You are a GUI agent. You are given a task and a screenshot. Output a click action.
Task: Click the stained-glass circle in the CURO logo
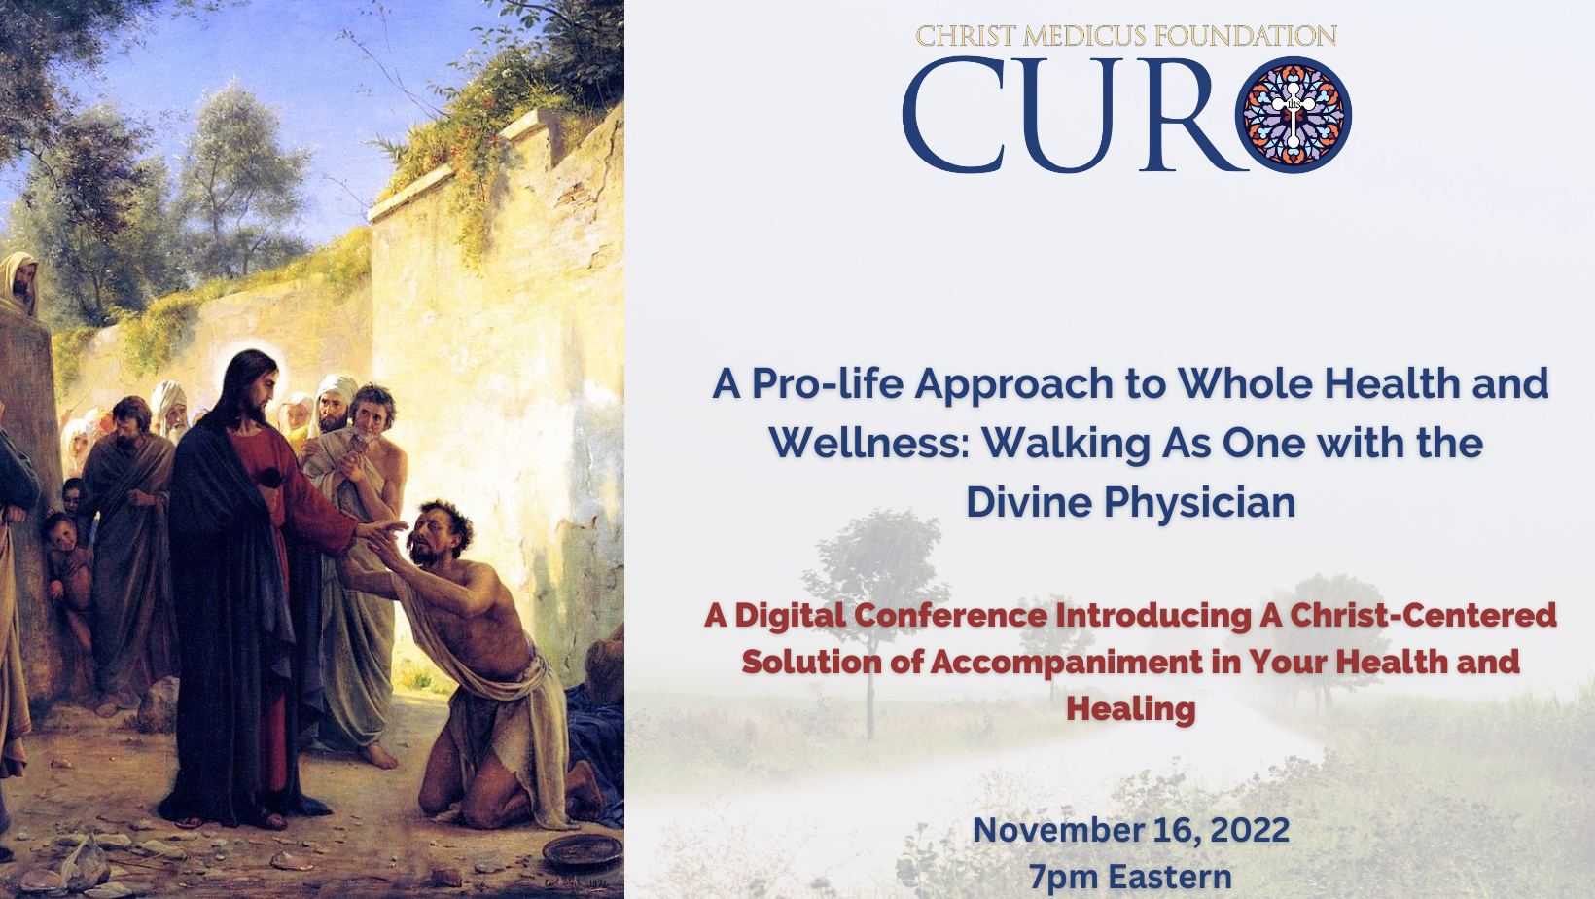pos(1294,115)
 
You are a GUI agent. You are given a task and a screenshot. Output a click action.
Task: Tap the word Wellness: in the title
pos(869,443)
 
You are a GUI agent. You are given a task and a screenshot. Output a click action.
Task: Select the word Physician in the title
pos(1200,504)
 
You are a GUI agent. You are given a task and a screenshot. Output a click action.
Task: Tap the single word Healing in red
pos(1131,709)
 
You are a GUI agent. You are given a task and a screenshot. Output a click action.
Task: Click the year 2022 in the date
pos(1250,831)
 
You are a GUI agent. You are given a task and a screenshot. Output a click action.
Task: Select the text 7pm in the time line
pos(1063,878)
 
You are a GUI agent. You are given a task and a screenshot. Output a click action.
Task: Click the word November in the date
pos(1058,831)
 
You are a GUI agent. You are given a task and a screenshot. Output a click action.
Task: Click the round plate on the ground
pos(583,850)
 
